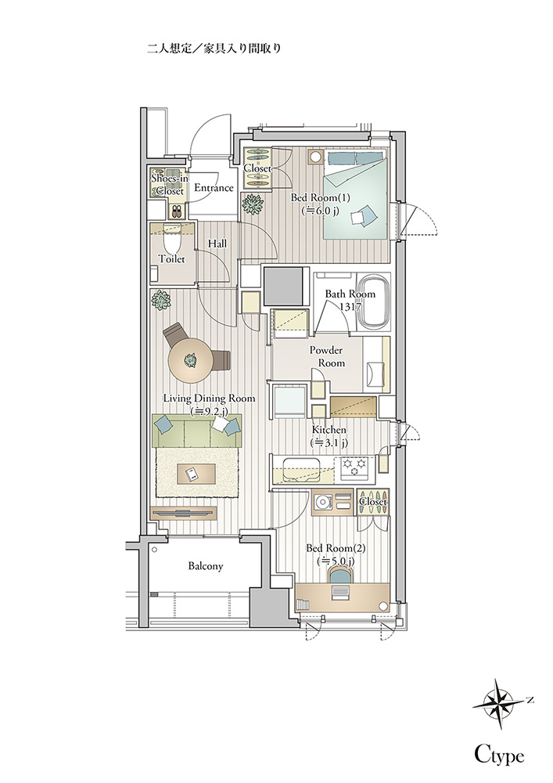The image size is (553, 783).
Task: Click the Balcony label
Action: click(206, 566)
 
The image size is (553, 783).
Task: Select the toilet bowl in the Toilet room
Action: click(172, 244)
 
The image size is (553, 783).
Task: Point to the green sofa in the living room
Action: click(196, 431)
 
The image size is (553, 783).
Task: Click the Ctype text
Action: click(499, 755)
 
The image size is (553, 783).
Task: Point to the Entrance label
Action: click(214, 188)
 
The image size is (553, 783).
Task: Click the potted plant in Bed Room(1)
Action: click(253, 204)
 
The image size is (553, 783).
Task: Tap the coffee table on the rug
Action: click(196, 474)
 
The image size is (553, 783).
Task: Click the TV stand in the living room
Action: click(184, 514)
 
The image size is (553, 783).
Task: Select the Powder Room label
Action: click(326, 356)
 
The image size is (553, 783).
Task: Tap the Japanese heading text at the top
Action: click(214, 49)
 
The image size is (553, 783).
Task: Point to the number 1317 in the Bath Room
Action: click(350, 307)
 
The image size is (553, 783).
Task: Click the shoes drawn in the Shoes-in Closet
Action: click(177, 211)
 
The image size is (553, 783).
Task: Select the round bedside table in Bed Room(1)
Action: click(316, 157)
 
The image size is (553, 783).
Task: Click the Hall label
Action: click(217, 244)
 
